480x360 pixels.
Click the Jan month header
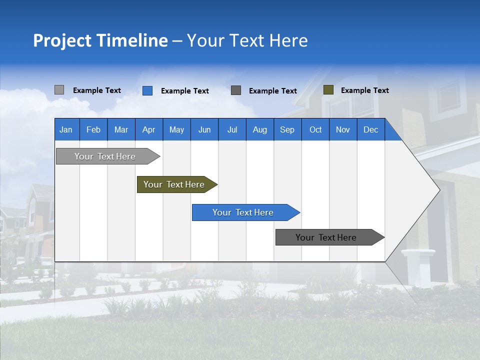pyautogui.click(x=66, y=129)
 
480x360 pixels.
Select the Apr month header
pyautogui.click(x=149, y=129)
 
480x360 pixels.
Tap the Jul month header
pyautogui.click(x=232, y=129)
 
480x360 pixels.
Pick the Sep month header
pyautogui.click(x=287, y=129)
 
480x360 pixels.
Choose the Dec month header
pyautogui.click(x=370, y=129)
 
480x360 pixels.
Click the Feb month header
pyautogui.click(x=93, y=129)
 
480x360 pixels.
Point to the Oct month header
pyautogui.click(x=315, y=129)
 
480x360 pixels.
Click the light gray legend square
pyautogui.click(x=59, y=90)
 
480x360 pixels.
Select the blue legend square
pyautogui.click(x=147, y=90)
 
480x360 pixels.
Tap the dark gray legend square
pyautogui.click(x=236, y=90)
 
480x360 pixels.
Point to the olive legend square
pyautogui.click(x=328, y=90)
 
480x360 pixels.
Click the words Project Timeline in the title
pyautogui.click(x=100, y=40)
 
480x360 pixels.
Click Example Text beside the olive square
pyautogui.click(x=364, y=90)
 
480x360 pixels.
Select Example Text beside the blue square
pyautogui.click(x=184, y=91)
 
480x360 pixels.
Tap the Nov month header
pyautogui.click(x=343, y=129)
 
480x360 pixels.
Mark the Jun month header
pyautogui.click(x=204, y=129)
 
